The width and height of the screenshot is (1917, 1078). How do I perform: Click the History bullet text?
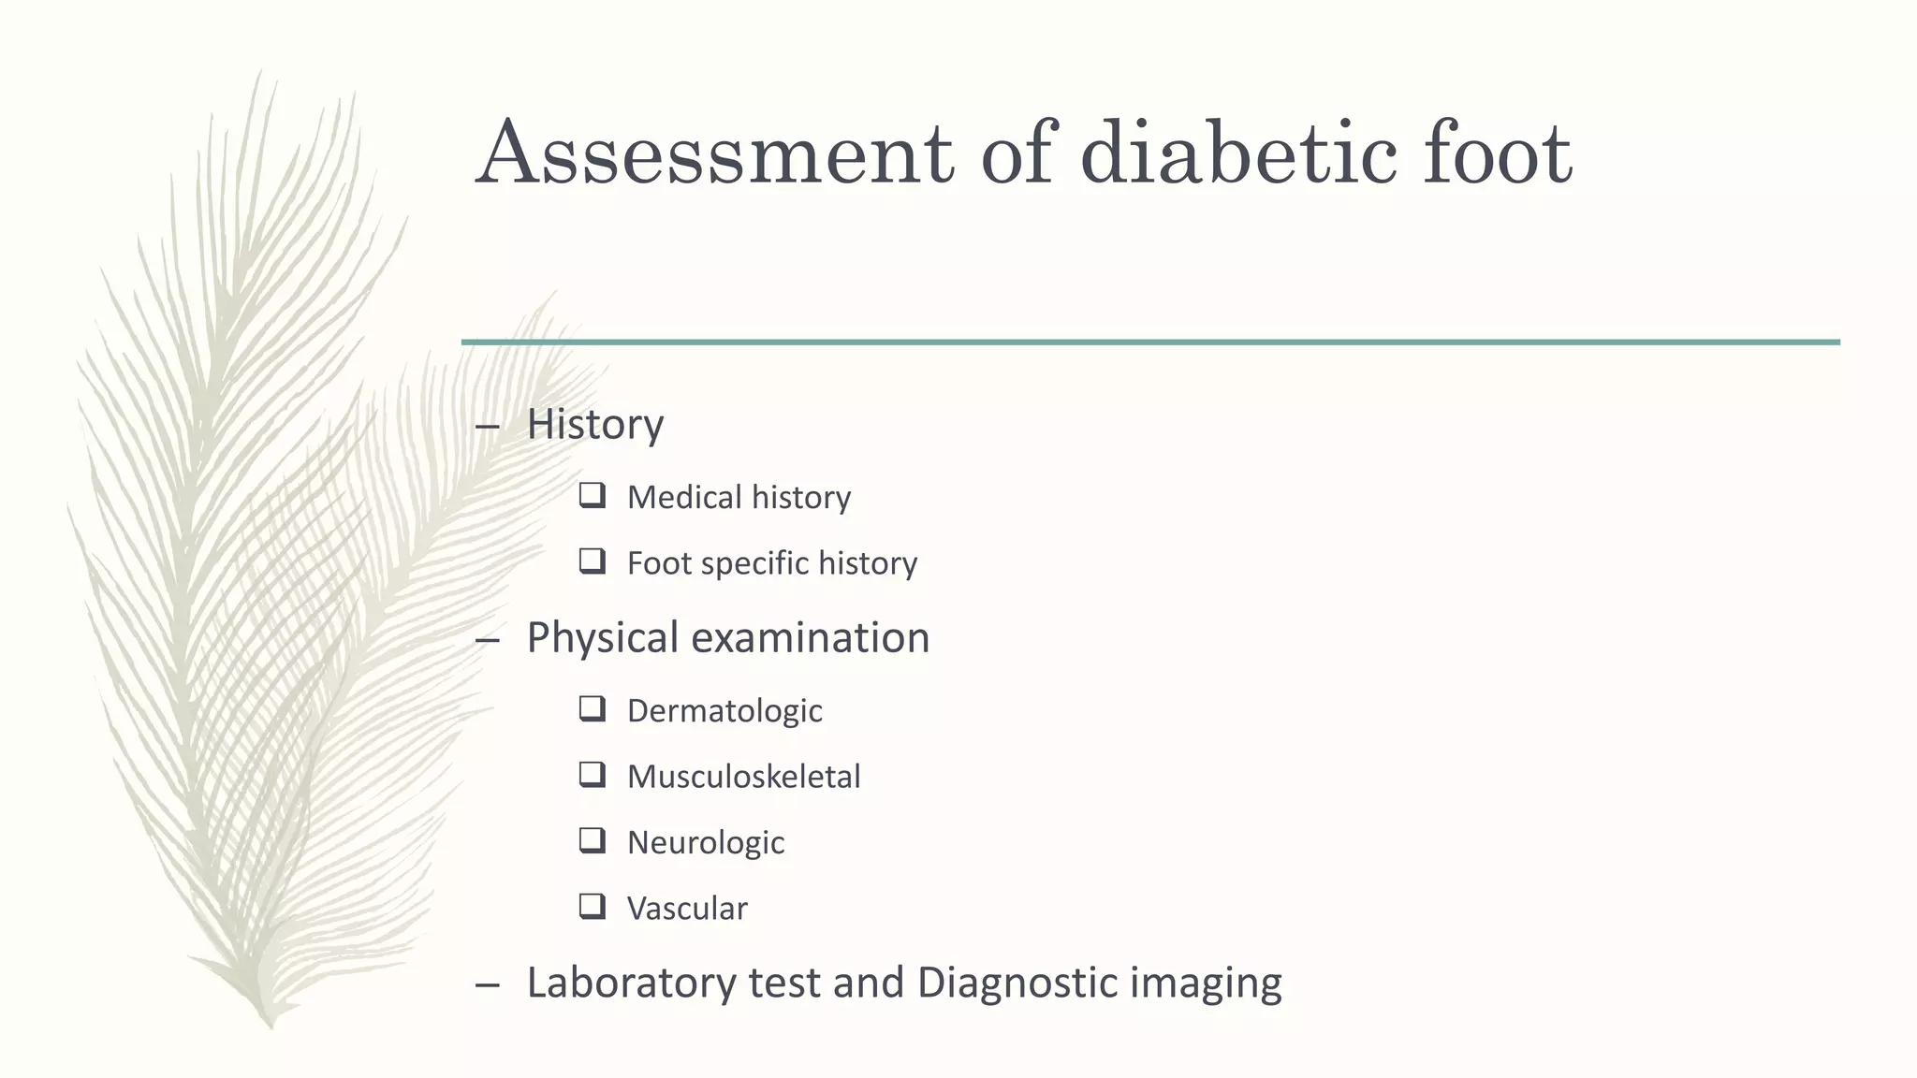coord(595,425)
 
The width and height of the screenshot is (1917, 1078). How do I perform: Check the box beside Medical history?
coord(592,495)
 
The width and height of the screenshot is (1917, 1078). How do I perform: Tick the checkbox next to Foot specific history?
coord(592,561)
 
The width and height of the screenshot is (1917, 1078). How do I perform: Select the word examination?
coord(811,638)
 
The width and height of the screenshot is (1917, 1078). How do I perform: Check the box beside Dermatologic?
coord(592,708)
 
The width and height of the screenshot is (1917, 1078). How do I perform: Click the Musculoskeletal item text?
coord(743,777)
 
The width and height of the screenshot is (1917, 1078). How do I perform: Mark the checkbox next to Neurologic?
coord(592,840)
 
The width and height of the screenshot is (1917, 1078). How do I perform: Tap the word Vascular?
coord(687,909)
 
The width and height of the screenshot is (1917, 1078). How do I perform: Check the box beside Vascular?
coord(592,906)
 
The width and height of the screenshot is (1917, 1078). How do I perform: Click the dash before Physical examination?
coord(488,641)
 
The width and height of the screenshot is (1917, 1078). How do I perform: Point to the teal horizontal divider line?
coord(1150,342)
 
